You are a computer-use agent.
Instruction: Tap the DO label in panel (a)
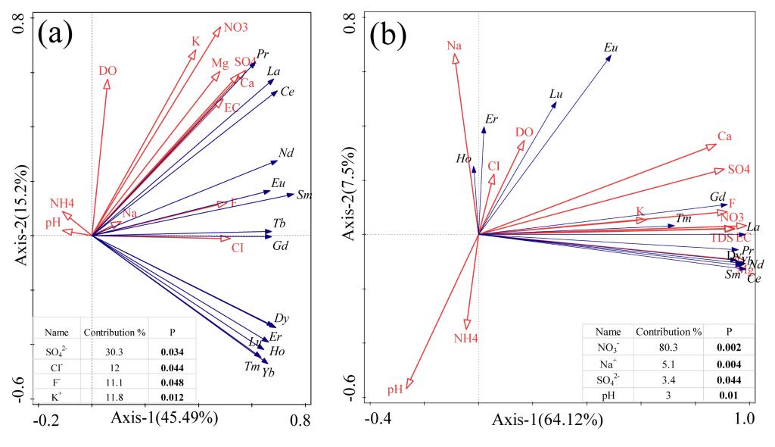[107, 71]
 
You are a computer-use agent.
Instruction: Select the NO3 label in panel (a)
[235, 28]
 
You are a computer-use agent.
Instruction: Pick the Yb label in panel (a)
[269, 372]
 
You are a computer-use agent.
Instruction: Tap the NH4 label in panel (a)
[62, 203]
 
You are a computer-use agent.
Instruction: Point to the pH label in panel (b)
[394, 390]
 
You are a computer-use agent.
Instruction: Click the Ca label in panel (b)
[724, 137]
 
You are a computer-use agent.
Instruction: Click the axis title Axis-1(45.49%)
[166, 418]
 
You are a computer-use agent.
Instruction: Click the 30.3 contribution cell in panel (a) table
[109, 352]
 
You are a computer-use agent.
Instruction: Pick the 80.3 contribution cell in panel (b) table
[668, 348]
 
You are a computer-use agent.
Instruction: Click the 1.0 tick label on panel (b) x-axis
[749, 419]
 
